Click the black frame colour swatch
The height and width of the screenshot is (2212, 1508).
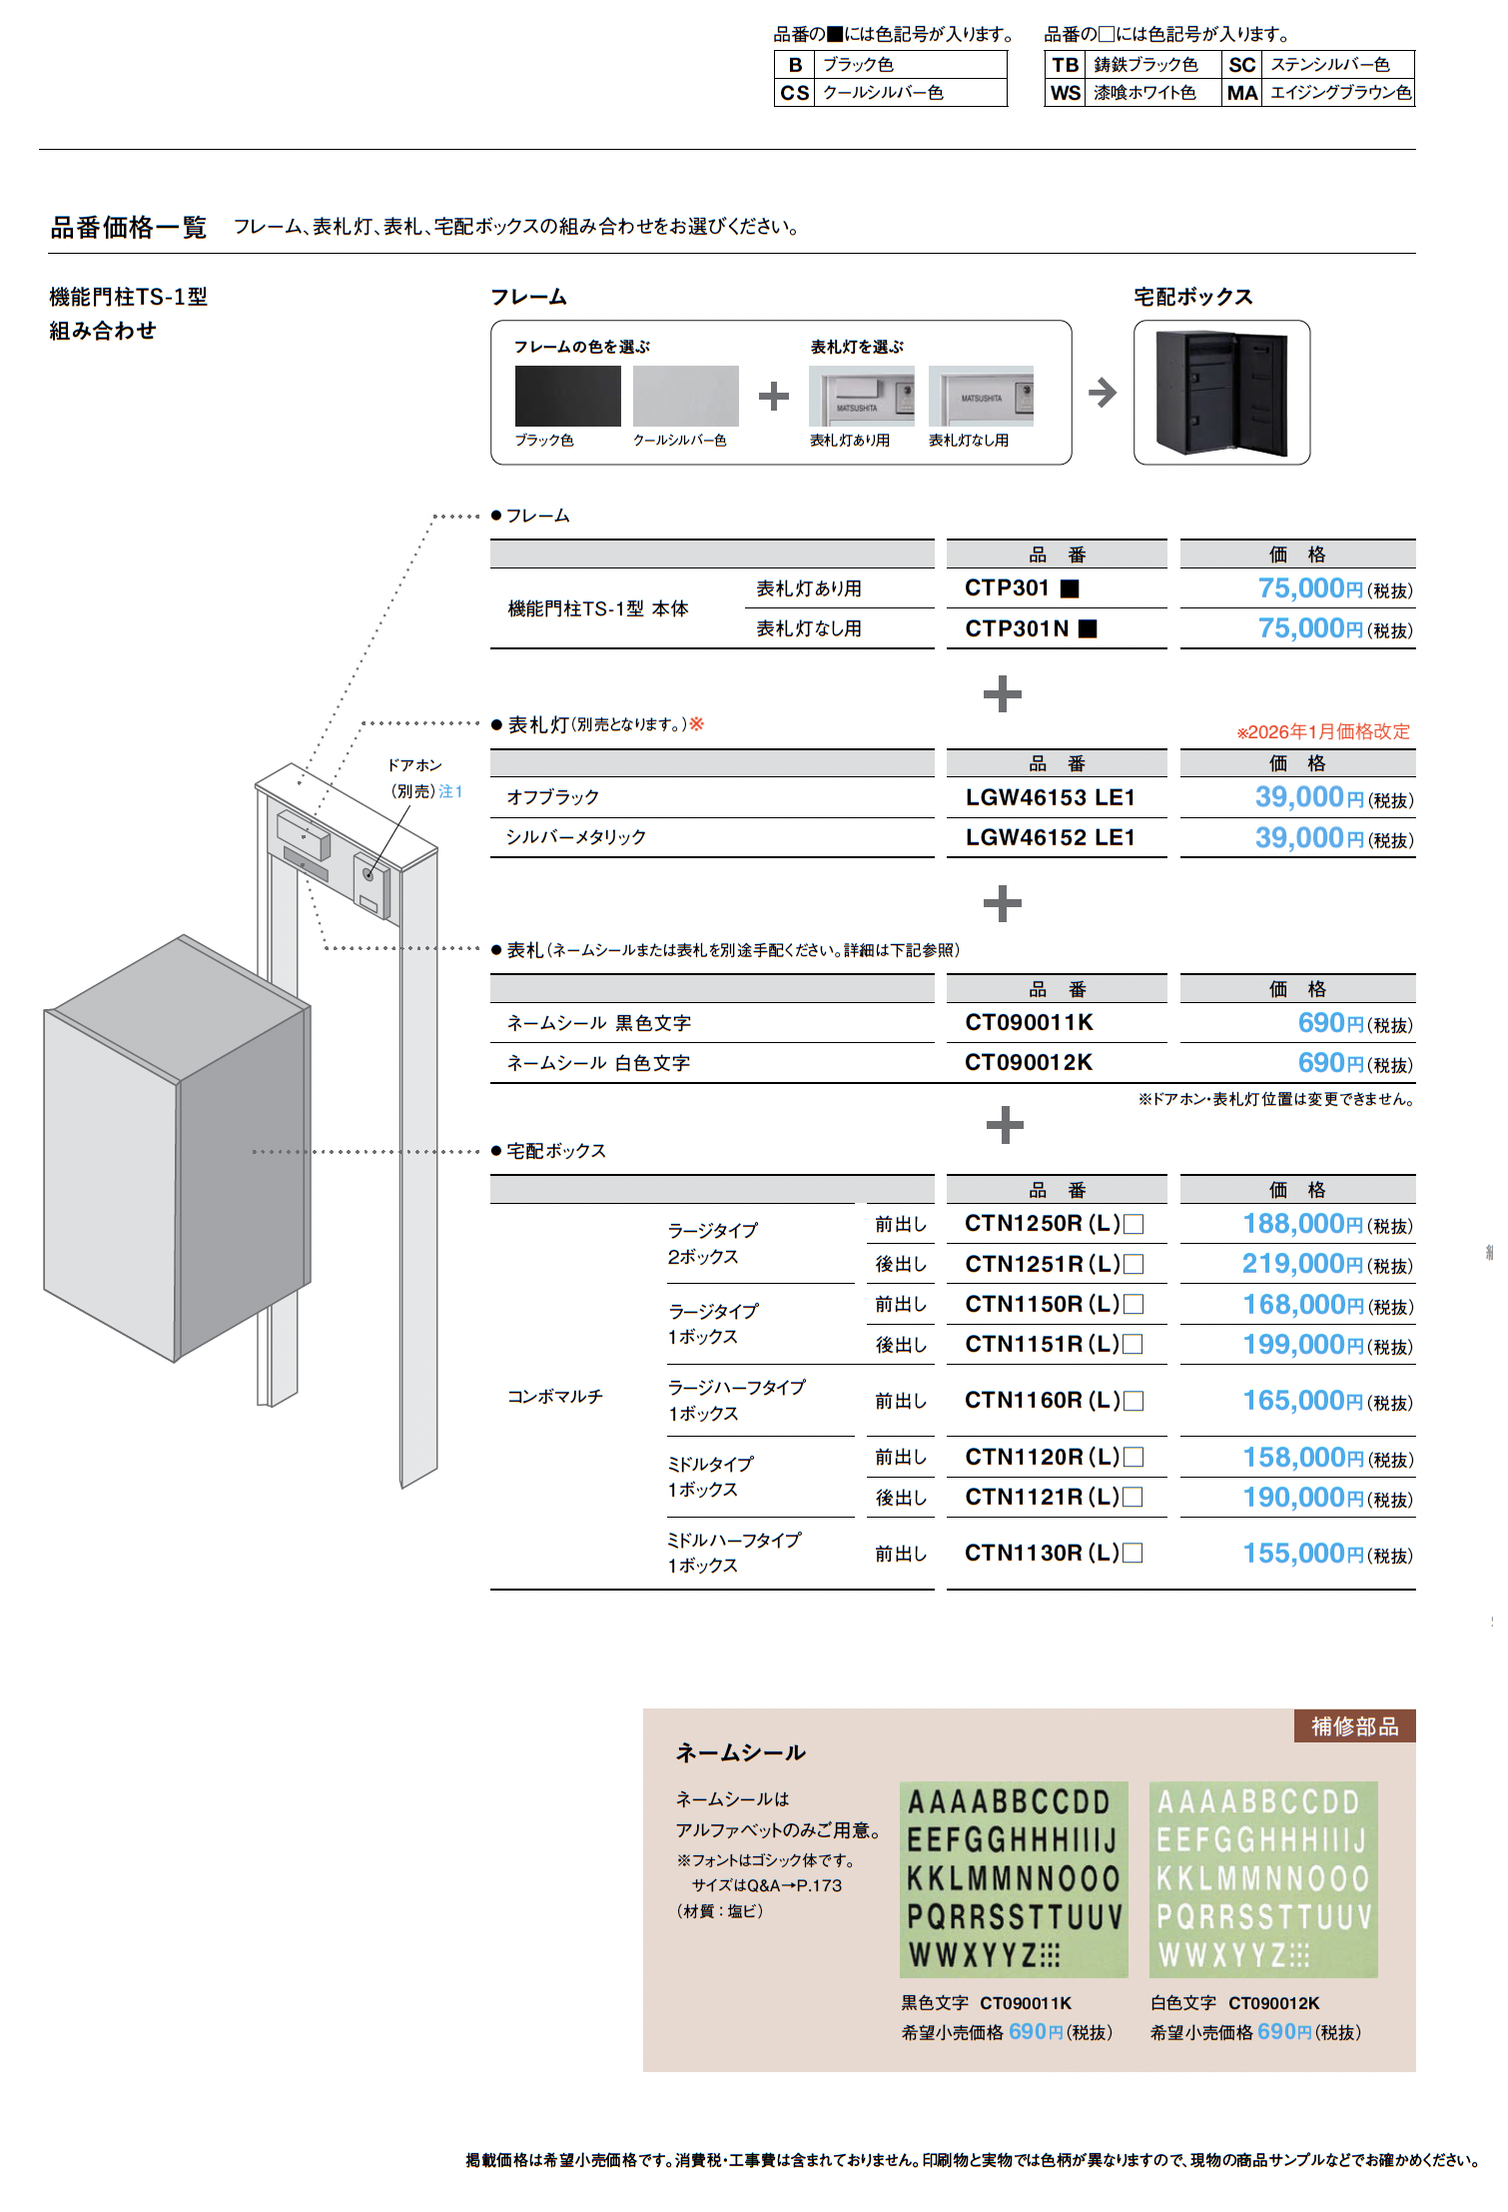(x=567, y=396)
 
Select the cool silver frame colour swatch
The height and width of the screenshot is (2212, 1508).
(x=685, y=396)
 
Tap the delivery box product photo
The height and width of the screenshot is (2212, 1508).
(x=1220, y=393)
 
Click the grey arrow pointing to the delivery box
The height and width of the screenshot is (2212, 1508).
(x=1103, y=393)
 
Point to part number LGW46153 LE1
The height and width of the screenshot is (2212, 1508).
(x=1050, y=797)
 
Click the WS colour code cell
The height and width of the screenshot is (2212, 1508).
(x=1065, y=93)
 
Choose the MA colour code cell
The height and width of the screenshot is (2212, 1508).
(x=1241, y=93)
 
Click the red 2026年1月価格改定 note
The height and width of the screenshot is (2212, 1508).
(x=1323, y=731)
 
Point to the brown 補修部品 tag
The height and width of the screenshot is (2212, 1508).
(x=1354, y=1726)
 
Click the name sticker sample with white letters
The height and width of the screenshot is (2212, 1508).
(x=1262, y=1879)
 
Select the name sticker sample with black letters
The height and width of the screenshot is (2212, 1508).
(x=1013, y=1879)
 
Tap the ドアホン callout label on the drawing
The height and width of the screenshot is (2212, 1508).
(x=414, y=765)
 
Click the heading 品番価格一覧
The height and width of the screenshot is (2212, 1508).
(x=128, y=228)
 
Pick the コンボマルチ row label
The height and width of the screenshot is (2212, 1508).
(x=555, y=1397)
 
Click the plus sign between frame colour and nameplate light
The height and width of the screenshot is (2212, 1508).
(x=773, y=397)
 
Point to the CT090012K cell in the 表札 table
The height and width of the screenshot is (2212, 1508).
(x=1029, y=1063)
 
